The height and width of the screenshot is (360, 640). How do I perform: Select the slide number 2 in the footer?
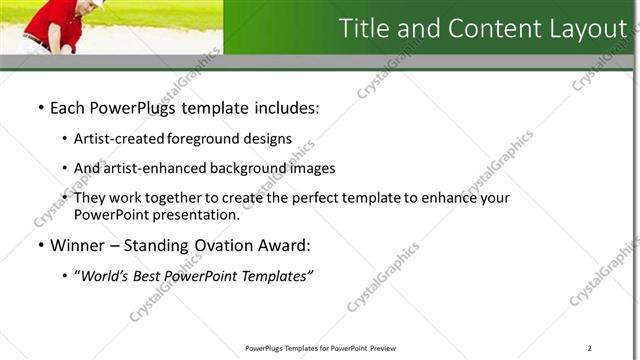[590, 347]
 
